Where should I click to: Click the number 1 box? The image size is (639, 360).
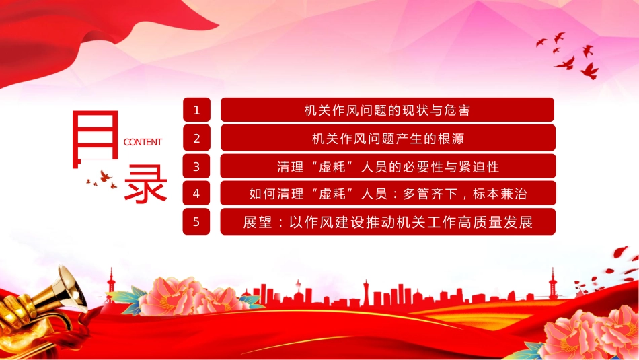[x=196, y=110]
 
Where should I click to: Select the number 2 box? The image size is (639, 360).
[x=196, y=138]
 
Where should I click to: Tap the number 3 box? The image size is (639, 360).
[x=196, y=166]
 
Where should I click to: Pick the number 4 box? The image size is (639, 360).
[x=196, y=193]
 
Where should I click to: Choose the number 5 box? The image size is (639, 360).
[x=196, y=221]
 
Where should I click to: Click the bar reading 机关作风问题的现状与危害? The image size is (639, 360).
[x=387, y=110]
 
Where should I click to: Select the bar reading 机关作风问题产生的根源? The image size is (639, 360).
[x=388, y=138]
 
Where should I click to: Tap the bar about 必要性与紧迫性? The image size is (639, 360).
[x=388, y=166]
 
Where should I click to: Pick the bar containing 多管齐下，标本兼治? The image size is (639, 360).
[x=388, y=193]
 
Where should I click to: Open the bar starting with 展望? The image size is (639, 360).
[x=388, y=221]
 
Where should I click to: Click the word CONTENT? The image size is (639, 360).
[x=143, y=142]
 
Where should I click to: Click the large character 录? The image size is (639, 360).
[x=145, y=183]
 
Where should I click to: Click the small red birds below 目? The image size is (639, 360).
[x=102, y=180]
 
